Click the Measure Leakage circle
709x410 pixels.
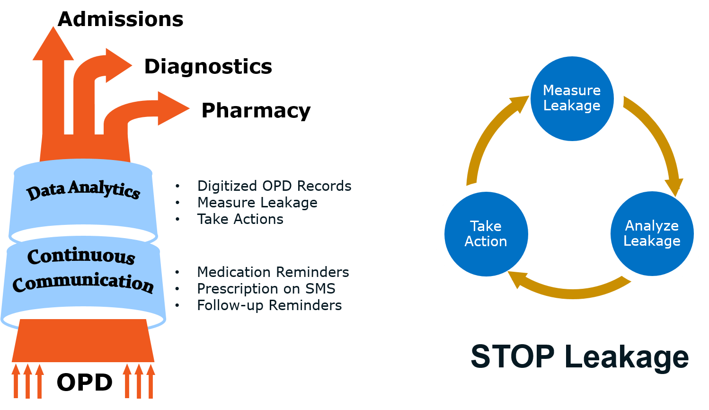(x=572, y=98)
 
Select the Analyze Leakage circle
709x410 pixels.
(x=652, y=233)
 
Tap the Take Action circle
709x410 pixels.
(x=486, y=234)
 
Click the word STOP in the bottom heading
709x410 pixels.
(x=512, y=357)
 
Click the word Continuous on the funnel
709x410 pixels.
(x=81, y=256)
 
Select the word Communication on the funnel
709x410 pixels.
(x=83, y=283)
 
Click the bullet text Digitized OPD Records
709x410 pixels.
(x=274, y=186)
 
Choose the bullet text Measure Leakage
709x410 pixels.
(x=257, y=203)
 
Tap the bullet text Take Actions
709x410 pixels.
(x=240, y=219)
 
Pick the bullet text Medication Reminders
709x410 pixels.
(x=273, y=272)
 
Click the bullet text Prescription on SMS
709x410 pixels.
(x=266, y=289)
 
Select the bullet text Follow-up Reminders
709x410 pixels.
(x=269, y=305)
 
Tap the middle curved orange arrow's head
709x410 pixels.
(x=117, y=65)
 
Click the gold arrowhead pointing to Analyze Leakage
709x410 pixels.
(x=675, y=186)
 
